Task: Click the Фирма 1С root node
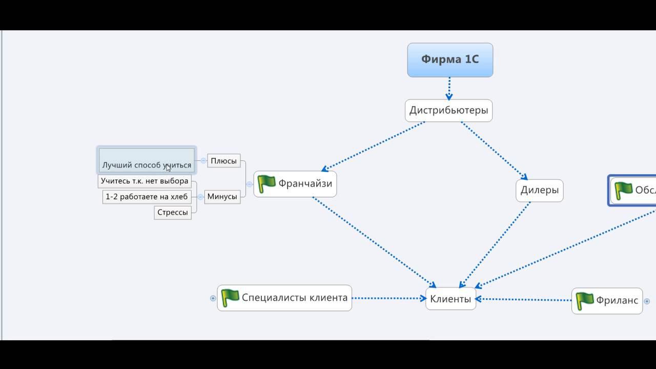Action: point(450,59)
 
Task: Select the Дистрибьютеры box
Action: point(448,110)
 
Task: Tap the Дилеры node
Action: point(539,190)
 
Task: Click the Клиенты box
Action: point(450,299)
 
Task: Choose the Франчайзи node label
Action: point(305,183)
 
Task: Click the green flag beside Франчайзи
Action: point(266,183)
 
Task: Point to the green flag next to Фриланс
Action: point(584,300)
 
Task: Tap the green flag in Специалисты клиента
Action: point(230,298)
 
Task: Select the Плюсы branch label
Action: point(223,161)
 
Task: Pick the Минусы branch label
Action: point(222,196)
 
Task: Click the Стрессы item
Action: point(172,213)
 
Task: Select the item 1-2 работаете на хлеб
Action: point(147,196)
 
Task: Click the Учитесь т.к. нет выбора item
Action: point(145,181)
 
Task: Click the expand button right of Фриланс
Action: point(647,301)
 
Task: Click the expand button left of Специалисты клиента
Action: point(213,298)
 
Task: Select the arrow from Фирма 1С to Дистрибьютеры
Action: point(449,88)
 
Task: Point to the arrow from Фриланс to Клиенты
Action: point(523,300)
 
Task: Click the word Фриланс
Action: point(617,300)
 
